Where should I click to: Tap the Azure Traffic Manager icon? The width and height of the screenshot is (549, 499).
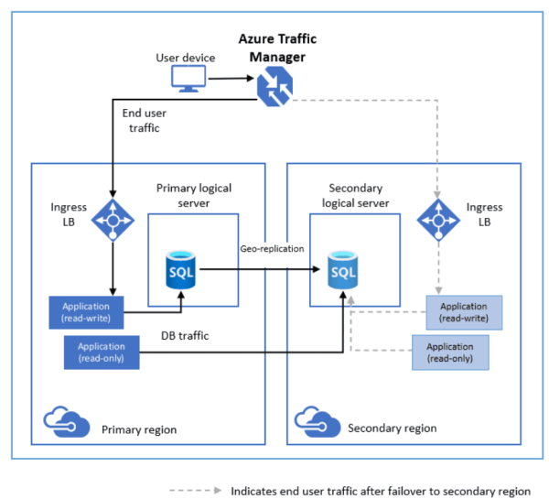click(274, 88)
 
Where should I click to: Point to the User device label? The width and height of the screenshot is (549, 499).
click(186, 58)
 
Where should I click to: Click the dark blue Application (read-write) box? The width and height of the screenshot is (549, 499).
click(90, 312)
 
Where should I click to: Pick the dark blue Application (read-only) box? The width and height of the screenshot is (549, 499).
click(102, 353)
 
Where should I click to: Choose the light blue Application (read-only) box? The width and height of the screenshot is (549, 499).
click(450, 353)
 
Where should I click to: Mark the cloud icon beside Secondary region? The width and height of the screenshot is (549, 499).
click(314, 423)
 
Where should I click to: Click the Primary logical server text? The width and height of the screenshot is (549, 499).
click(193, 195)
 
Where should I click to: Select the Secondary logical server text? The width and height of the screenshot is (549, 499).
click(358, 195)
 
